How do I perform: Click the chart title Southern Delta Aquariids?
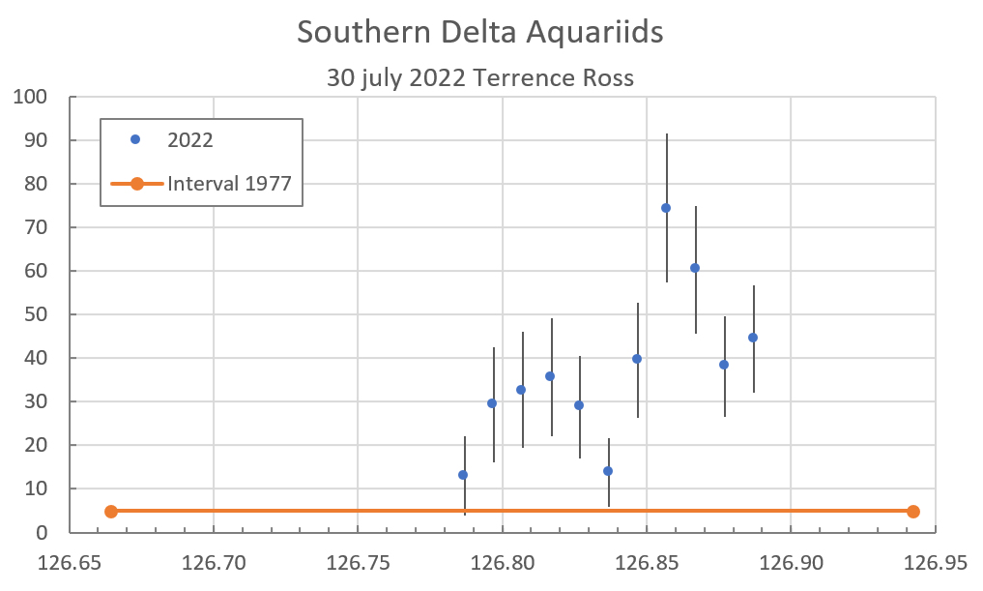pos(480,32)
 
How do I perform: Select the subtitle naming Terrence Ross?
pos(480,78)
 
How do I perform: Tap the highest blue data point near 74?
pos(666,208)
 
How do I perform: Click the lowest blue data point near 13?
pos(463,475)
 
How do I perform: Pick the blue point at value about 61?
pos(695,268)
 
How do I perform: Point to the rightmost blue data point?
pos(753,338)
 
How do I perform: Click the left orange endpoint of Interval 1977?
pos(111,512)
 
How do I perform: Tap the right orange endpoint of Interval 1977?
pos(913,512)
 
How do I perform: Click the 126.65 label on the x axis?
pos(71,563)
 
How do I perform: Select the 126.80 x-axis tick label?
pos(504,563)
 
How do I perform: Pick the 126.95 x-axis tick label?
pos(935,563)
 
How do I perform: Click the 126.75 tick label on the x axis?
pos(359,563)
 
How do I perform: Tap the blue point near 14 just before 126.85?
pos(608,471)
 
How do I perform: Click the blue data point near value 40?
pos(637,359)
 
